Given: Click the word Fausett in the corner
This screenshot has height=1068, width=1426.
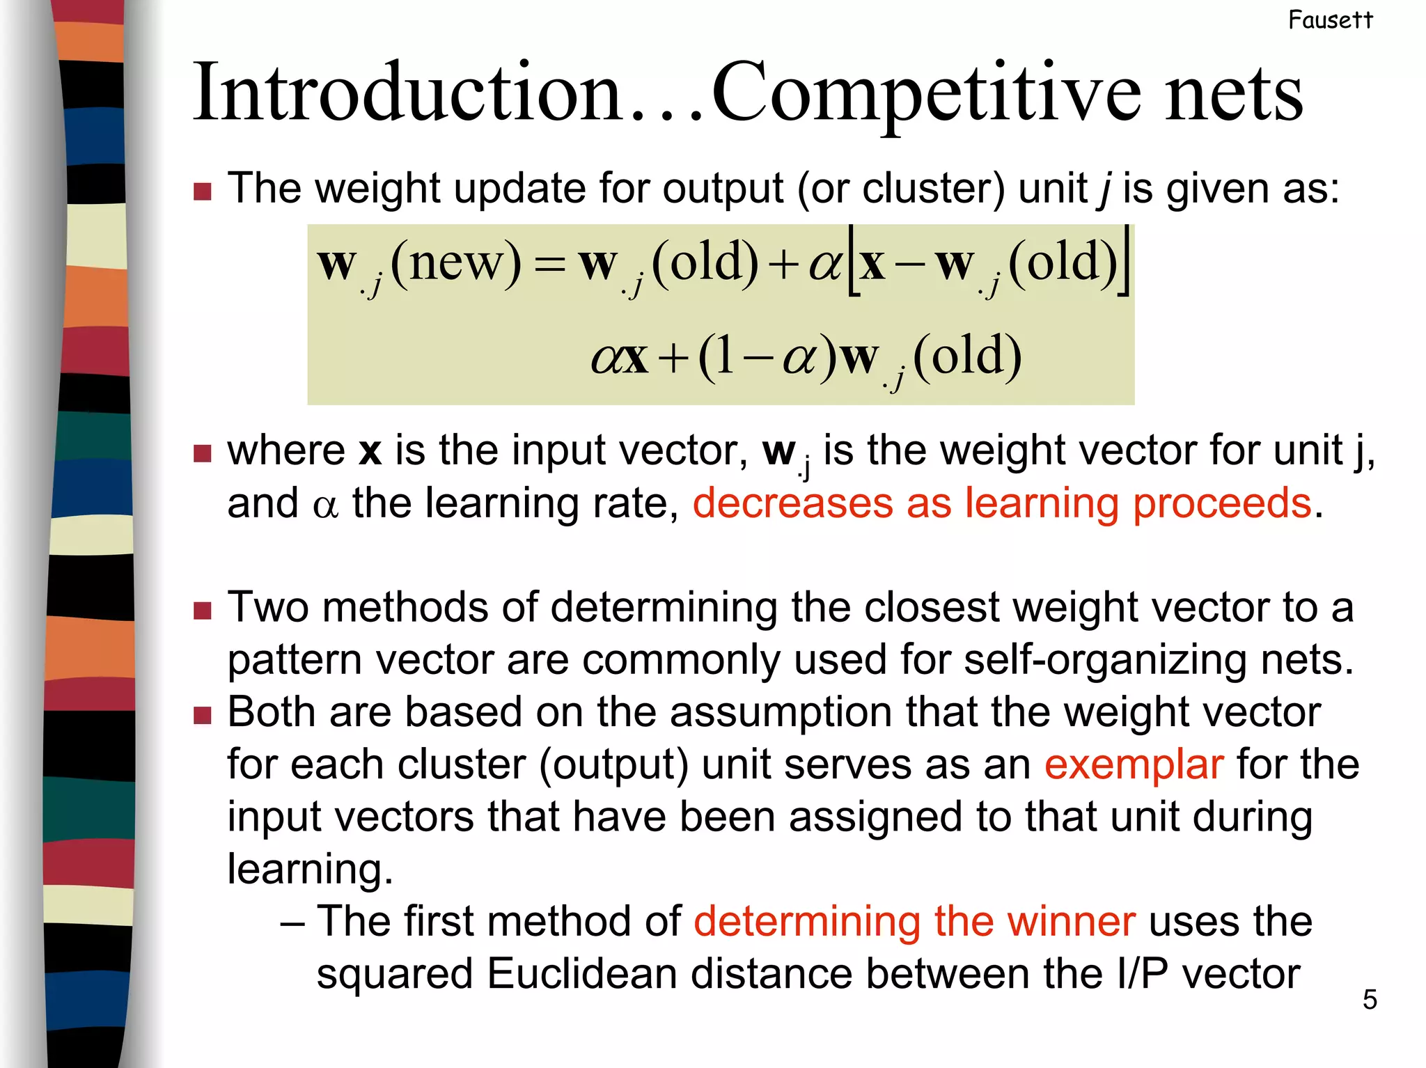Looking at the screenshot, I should (x=1330, y=20).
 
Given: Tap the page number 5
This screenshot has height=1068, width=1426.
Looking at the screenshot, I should (x=1370, y=1000).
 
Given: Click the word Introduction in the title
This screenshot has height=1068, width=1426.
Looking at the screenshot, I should (x=407, y=93).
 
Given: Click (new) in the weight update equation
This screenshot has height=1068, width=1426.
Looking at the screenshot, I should (x=455, y=262).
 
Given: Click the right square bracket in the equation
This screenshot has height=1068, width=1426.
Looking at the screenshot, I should (x=1124, y=262).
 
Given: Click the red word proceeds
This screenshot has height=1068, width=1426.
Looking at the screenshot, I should (x=1222, y=504).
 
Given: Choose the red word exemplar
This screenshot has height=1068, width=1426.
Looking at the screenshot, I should (x=1134, y=764).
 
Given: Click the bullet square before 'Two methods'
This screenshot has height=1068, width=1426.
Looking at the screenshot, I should (x=203, y=611).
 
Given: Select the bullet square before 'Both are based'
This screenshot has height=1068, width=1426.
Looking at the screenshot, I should (x=203, y=715).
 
